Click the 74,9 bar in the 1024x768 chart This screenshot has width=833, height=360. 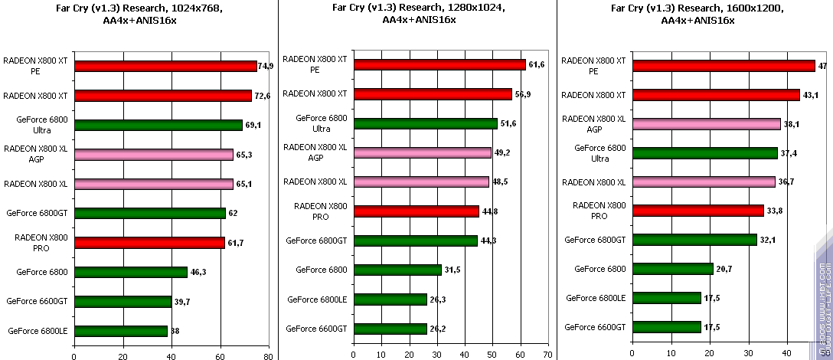pos(165,67)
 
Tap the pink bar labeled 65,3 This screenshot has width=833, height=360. pos(153,155)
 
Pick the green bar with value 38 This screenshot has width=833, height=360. pos(120,331)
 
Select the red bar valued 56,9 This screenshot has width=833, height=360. pos(432,94)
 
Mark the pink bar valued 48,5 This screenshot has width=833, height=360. pos(421,182)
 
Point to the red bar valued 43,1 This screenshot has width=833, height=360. pos(715,95)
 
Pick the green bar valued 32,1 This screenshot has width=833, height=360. pos(694,240)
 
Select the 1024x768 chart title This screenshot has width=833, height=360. pos(139,15)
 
